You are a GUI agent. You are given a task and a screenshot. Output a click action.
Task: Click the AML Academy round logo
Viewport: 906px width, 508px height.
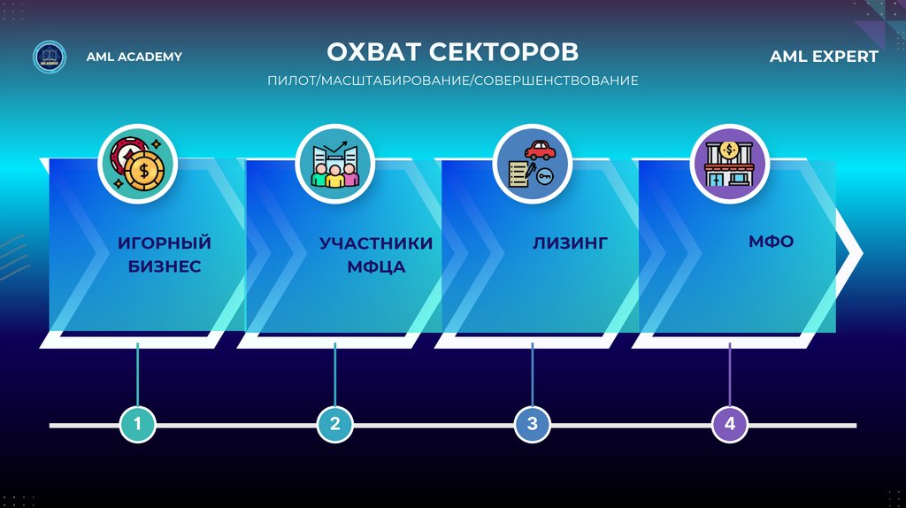49,57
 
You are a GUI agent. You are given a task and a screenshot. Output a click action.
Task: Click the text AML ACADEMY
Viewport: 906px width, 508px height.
134,57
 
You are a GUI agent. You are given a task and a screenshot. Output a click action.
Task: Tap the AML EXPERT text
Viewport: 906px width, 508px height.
824,57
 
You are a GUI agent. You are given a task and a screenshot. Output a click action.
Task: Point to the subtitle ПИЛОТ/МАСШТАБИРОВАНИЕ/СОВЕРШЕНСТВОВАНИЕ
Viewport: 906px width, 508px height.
453,81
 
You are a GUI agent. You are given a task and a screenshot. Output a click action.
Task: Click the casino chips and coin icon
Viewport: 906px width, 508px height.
138,160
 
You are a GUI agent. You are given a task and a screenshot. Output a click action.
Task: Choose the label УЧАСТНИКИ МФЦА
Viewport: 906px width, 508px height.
376,254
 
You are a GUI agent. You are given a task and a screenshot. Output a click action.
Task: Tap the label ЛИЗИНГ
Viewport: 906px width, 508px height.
570,242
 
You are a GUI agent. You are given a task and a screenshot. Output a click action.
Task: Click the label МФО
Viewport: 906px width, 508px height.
771,241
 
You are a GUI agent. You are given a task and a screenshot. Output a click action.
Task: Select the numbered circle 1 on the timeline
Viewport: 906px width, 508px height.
137,425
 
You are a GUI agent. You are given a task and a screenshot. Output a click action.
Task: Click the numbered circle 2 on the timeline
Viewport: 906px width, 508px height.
335,425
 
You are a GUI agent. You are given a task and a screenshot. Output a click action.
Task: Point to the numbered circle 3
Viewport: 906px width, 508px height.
533,425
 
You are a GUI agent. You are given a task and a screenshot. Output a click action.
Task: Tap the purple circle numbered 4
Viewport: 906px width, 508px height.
730,425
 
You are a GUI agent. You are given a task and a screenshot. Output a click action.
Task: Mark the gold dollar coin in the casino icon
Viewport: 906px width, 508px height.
142,171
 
